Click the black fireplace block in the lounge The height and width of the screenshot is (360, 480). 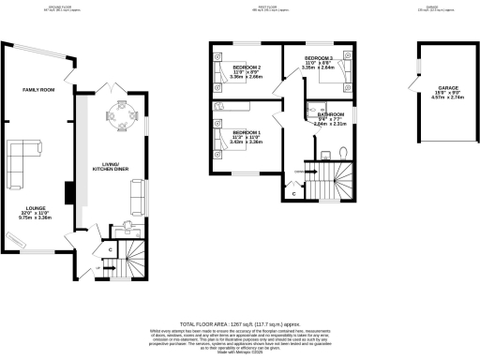[x=68, y=193]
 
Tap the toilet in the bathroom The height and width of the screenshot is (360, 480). [x=343, y=152]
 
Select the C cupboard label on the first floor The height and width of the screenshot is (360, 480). [x=292, y=194]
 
